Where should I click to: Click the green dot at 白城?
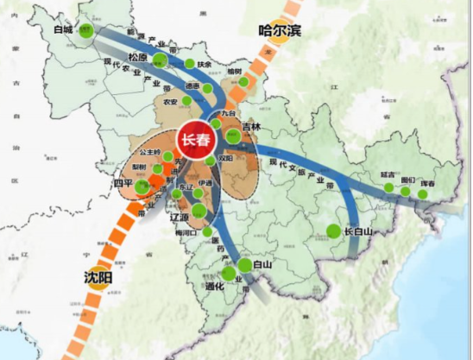tap(85, 31)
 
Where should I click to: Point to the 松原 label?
tap(139, 58)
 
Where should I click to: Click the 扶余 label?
tap(205, 64)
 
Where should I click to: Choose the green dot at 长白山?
tap(333, 231)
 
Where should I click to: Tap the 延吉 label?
tap(388, 175)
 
